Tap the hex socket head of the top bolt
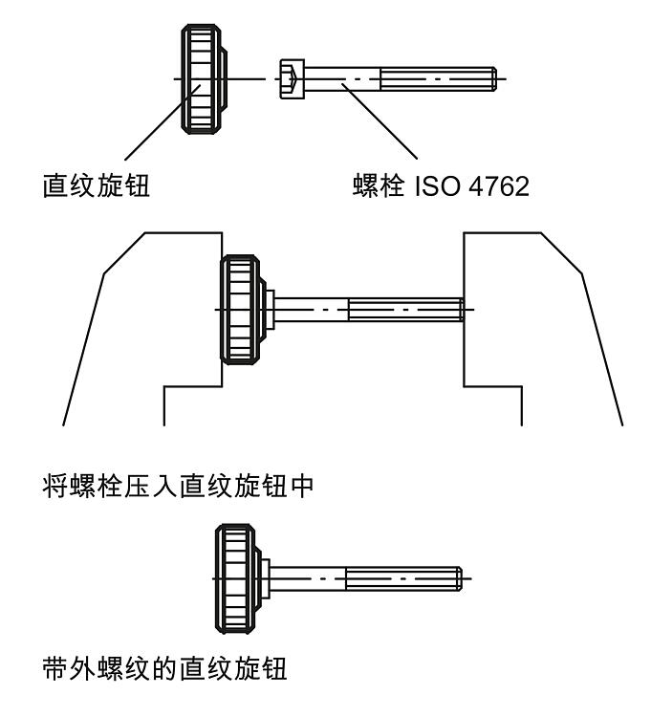(x=291, y=77)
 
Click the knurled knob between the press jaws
(x=240, y=309)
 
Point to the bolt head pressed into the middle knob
(x=269, y=309)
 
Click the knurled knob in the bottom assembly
(x=238, y=578)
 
